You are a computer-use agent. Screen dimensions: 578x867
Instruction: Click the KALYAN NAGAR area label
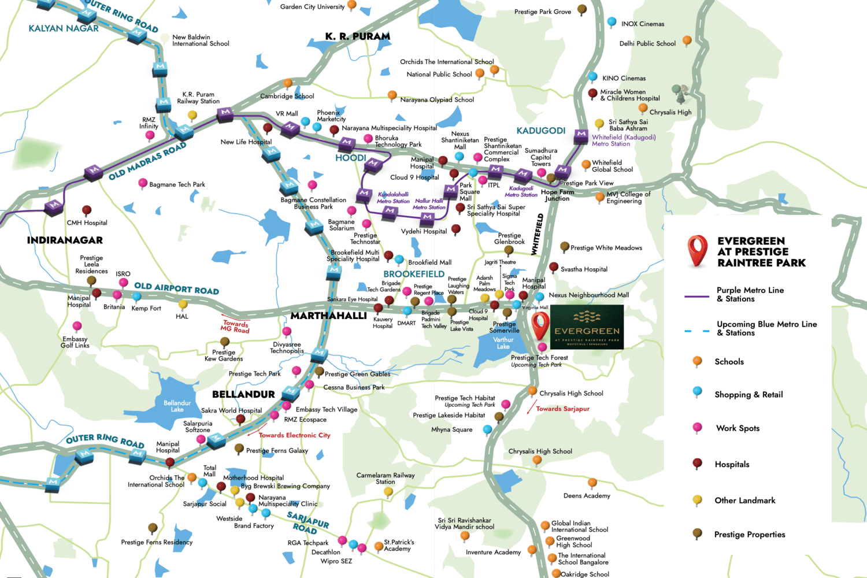pos(64,28)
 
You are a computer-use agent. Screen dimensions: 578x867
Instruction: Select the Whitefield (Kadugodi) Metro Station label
pos(624,140)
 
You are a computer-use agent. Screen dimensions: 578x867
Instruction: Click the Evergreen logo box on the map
pos(587,327)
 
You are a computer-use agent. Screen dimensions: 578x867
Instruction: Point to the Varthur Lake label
pos(503,343)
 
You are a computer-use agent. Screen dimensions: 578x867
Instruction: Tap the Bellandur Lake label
pos(177,406)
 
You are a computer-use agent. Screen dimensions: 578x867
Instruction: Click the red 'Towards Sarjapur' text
pos(562,409)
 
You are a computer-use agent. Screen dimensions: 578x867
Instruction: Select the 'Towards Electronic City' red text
pos(294,435)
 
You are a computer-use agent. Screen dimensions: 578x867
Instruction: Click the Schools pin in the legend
pos(697,361)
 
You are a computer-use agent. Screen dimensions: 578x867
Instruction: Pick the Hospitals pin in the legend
pos(697,464)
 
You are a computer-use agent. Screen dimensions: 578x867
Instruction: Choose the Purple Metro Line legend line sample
pos(696,297)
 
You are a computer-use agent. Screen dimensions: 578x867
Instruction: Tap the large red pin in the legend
pos(697,250)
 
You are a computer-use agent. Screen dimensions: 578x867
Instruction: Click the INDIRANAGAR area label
pos(65,240)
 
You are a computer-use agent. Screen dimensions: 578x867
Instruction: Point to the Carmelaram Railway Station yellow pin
pos(388,492)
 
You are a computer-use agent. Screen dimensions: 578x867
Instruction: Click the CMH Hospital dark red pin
pos(87,210)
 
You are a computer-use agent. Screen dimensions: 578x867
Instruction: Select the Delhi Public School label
pos(647,43)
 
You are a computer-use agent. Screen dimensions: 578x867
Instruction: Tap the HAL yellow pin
pos(183,305)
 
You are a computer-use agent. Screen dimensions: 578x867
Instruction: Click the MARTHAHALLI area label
pos(328,316)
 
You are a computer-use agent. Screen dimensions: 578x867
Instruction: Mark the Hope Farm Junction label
pos(557,195)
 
